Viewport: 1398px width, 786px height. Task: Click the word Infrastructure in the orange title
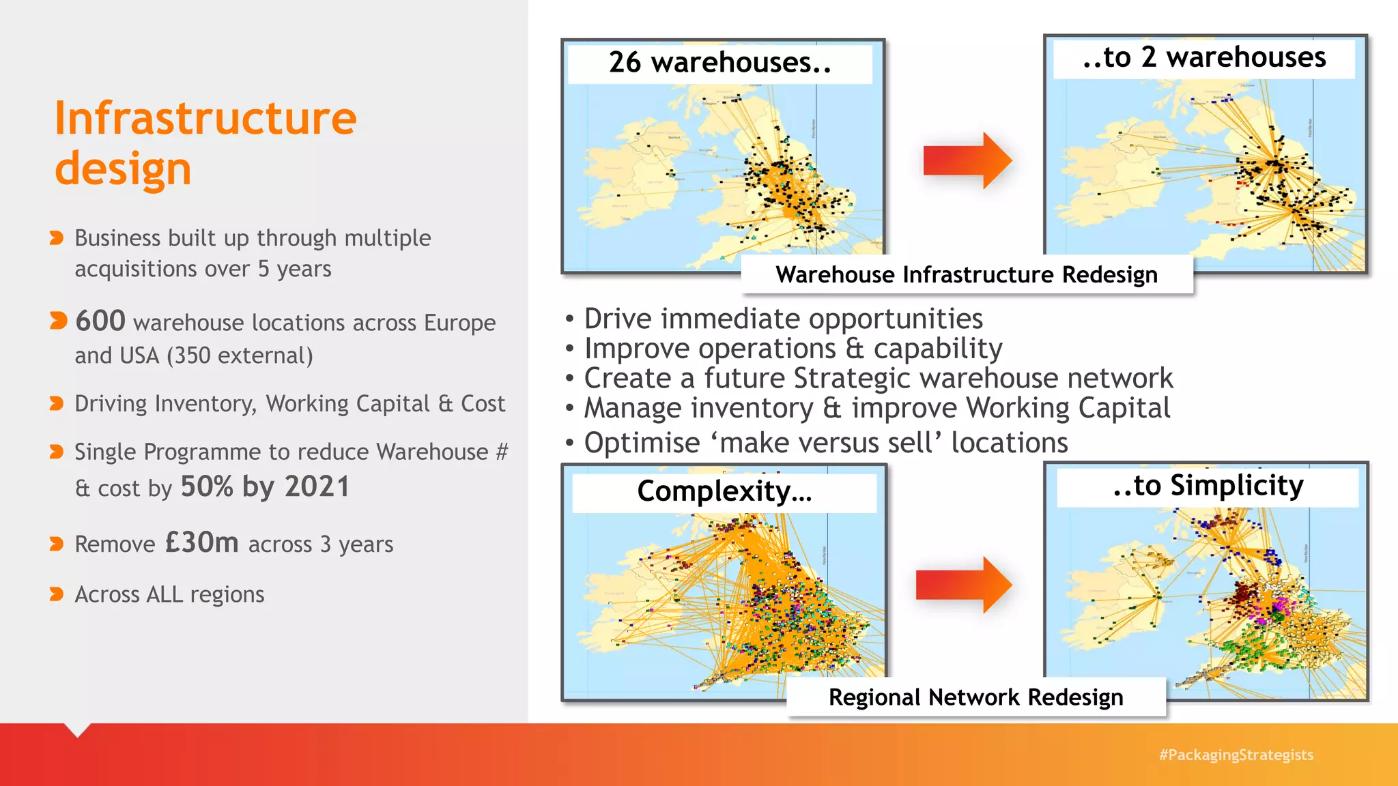pyautogui.click(x=205, y=119)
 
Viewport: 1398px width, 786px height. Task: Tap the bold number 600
pyautogui.click(x=100, y=321)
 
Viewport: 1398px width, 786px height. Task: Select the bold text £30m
pyautogui.click(x=202, y=542)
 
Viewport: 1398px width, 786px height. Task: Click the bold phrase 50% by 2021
pyautogui.click(x=265, y=486)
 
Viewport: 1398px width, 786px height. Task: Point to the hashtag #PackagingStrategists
pyautogui.click(x=1236, y=755)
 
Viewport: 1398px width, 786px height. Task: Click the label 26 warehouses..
pyautogui.click(x=719, y=63)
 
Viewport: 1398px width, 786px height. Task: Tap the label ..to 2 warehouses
pyautogui.click(x=1204, y=57)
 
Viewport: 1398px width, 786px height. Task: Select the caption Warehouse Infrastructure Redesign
pyautogui.click(x=967, y=274)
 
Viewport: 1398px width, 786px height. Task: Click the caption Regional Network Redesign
pyautogui.click(x=975, y=697)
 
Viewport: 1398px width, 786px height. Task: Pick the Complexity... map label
pyautogui.click(x=724, y=491)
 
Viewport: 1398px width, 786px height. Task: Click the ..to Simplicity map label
pyautogui.click(x=1208, y=486)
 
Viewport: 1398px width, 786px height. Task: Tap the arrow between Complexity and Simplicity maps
pyautogui.click(x=963, y=585)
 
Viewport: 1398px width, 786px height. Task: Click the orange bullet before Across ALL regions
pyautogui.click(x=57, y=594)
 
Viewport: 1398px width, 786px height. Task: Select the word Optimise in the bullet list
pyautogui.click(x=642, y=443)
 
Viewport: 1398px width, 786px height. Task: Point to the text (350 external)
pyautogui.click(x=240, y=355)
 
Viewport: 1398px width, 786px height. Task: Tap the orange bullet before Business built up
pyautogui.click(x=57, y=237)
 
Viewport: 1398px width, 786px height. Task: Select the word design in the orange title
pyautogui.click(x=123, y=169)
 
